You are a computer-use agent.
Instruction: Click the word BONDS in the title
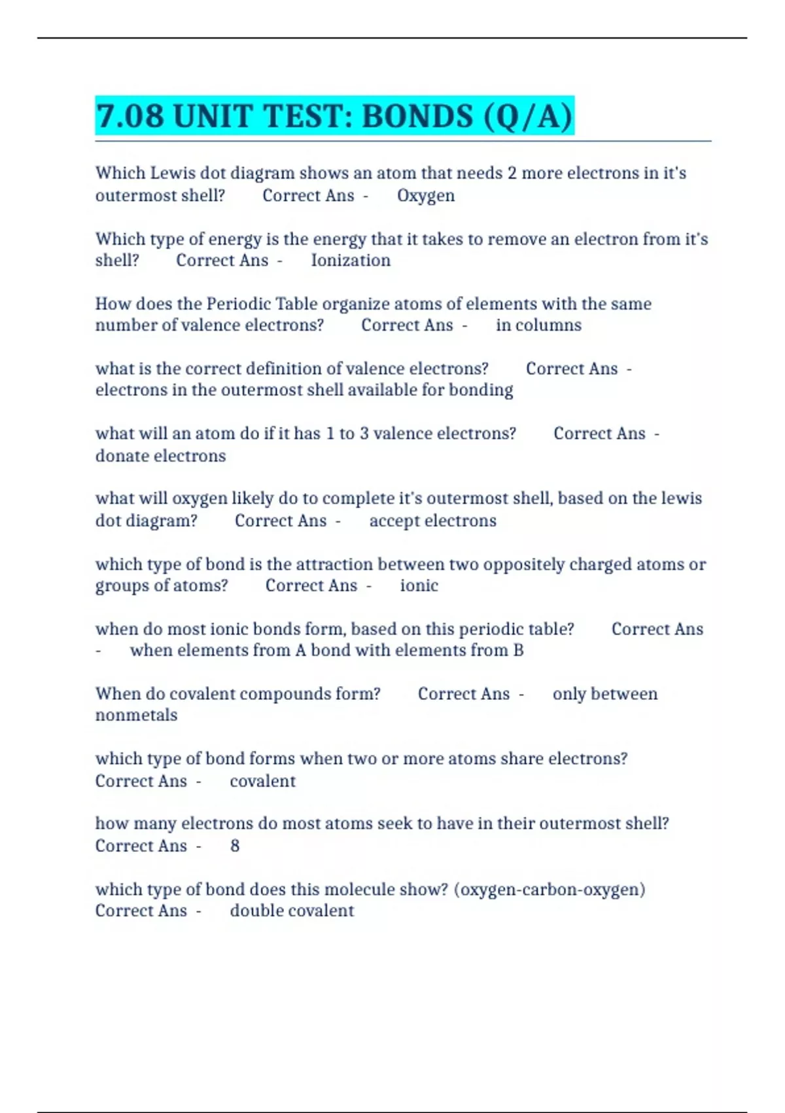[417, 117]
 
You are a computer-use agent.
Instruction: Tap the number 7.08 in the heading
[130, 117]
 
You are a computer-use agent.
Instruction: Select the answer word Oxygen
[426, 196]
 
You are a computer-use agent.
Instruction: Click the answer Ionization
[351, 261]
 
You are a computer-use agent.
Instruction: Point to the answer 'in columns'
[538, 325]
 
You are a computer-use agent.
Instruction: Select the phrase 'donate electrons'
[160, 456]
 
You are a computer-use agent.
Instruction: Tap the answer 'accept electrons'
[432, 521]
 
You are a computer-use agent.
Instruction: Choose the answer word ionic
[419, 586]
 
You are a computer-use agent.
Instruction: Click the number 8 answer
[235, 846]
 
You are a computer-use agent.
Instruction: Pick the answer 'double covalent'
[292, 911]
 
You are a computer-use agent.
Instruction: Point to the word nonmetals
[136, 715]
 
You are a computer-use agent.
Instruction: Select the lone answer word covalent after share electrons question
[262, 781]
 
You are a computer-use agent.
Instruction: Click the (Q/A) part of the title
[528, 117]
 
